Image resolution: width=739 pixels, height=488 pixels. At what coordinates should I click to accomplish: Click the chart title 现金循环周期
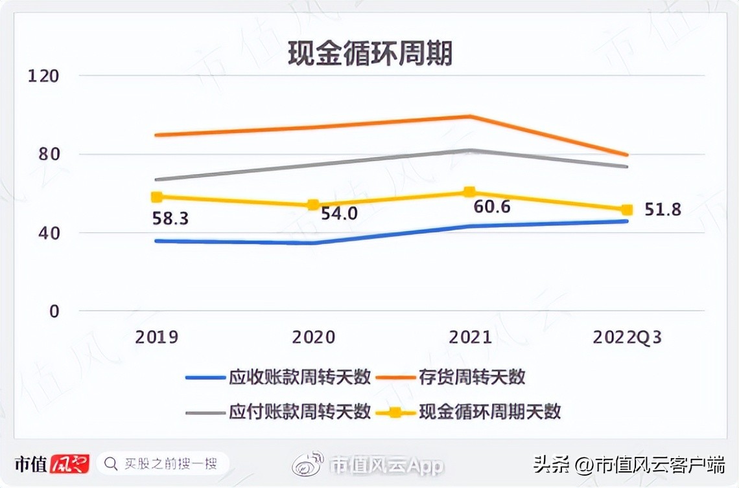(370, 54)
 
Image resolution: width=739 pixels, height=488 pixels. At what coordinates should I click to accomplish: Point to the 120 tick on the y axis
(43, 76)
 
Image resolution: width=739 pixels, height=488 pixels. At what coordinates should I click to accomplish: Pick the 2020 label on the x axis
(314, 337)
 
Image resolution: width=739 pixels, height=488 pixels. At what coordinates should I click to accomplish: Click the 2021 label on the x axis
(470, 337)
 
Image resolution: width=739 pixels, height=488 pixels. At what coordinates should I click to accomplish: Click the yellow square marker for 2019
(156, 197)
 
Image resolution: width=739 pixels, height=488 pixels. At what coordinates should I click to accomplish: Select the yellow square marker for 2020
(314, 205)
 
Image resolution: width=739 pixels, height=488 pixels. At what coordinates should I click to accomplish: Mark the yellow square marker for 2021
(470, 192)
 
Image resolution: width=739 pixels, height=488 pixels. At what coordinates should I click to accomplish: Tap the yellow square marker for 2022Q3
(627, 210)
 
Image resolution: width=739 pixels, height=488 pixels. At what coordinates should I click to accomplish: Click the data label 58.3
(170, 219)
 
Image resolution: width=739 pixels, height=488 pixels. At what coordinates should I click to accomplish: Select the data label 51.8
(663, 209)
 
